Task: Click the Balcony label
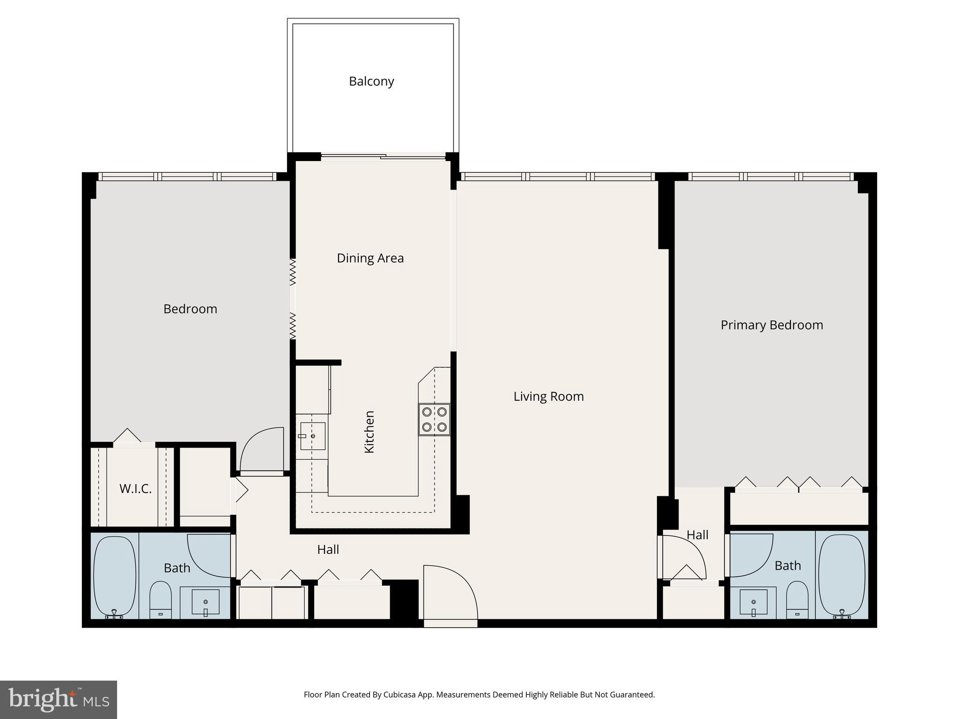[371, 81]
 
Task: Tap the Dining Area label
[370, 258]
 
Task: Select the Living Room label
[548, 396]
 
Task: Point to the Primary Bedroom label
[771, 325]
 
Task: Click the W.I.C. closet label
[135, 489]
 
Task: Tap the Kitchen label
[369, 432]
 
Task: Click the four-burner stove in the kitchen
[434, 419]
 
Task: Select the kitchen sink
[313, 436]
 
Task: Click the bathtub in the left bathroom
[115, 576]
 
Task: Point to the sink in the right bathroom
[753, 602]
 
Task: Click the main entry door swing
[447, 592]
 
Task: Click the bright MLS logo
[59, 699]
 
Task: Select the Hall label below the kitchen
[328, 550]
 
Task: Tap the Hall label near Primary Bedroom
[697, 535]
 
